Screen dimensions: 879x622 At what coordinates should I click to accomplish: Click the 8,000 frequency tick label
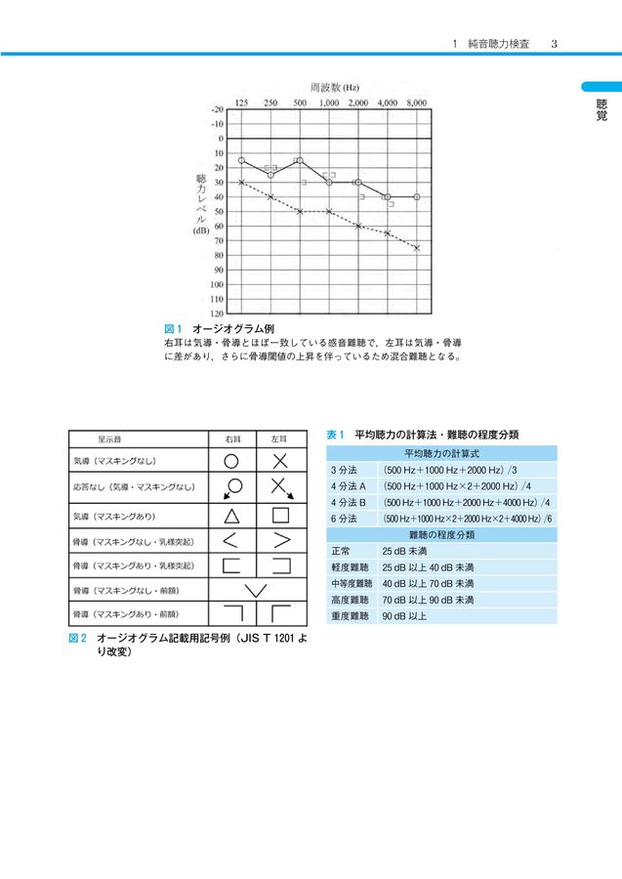click(417, 102)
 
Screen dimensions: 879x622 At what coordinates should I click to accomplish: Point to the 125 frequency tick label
click(241, 102)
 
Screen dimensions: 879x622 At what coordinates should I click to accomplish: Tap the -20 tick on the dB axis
click(217, 109)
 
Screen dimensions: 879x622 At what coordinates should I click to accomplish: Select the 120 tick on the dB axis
click(217, 314)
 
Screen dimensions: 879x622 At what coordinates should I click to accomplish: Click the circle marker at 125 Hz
click(241, 160)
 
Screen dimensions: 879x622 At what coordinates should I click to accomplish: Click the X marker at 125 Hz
click(241, 182)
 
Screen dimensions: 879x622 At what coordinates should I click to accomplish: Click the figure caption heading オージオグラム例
click(232, 329)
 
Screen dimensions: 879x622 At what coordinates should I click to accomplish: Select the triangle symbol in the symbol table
click(232, 515)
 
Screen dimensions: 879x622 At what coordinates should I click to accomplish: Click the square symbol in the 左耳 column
click(280, 515)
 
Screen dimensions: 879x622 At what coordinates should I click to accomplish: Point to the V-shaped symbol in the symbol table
click(256, 590)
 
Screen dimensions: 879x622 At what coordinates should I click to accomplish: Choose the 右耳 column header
click(232, 439)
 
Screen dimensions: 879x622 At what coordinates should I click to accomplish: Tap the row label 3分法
click(343, 470)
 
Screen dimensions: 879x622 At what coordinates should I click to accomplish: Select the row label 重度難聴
click(350, 616)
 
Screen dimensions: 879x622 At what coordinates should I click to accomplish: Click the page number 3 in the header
click(554, 44)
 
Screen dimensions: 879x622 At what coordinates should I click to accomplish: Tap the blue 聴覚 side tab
click(601, 107)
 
